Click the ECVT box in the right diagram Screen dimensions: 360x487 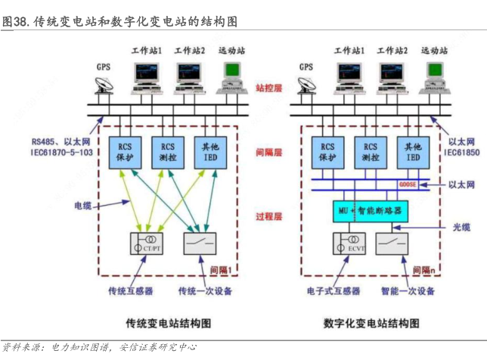point(348,245)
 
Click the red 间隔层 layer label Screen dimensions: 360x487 point(268,152)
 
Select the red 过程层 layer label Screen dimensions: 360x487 point(268,217)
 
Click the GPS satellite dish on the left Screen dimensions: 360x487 point(104,82)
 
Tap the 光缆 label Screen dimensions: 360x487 point(462,227)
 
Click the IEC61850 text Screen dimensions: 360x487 point(462,153)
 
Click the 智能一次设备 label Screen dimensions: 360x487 point(408,291)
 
